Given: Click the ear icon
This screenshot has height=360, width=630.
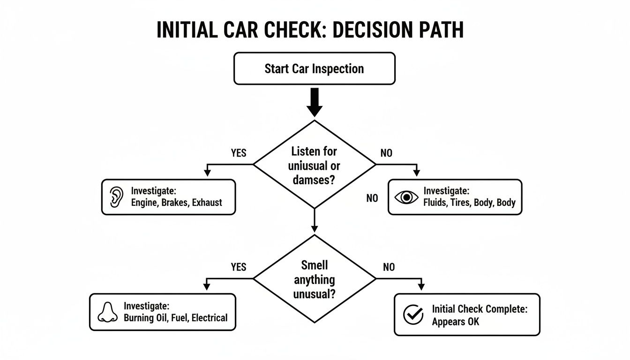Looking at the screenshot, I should click(x=115, y=197).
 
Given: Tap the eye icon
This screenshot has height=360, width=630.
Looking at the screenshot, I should click(x=406, y=197).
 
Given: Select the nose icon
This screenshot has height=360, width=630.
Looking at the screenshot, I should click(x=108, y=312).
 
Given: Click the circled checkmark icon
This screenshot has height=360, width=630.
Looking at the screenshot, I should click(x=413, y=315).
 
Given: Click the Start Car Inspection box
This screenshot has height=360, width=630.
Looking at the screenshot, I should click(x=314, y=68).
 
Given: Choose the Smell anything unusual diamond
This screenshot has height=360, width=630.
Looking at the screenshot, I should click(x=315, y=280).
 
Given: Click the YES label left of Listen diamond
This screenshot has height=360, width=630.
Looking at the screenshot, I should click(x=239, y=153).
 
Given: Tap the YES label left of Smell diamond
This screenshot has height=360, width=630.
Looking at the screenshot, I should click(x=239, y=267).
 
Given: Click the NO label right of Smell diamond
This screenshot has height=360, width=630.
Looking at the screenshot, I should click(x=389, y=267).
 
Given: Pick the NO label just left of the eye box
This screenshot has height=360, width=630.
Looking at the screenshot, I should click(x=372, y=198).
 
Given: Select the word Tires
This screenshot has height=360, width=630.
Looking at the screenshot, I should click(x=465, y=203).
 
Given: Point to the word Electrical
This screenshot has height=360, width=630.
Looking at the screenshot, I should click(x=210, y=318).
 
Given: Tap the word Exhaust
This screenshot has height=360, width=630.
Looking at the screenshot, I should click(x=208, y=203).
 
